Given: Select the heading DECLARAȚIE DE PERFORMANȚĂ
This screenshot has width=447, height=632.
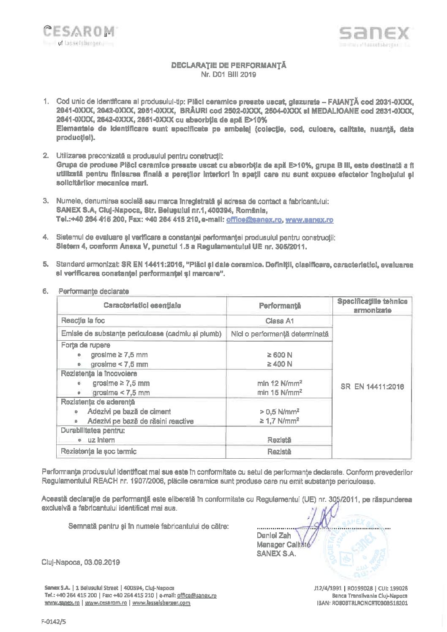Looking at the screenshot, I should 229,66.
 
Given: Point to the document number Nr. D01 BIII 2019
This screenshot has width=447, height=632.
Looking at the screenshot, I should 229,75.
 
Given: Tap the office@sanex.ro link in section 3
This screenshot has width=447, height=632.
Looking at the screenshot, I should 254,220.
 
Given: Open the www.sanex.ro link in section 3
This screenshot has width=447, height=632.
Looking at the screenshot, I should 310,220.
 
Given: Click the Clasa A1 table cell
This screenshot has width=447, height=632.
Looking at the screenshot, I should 280,321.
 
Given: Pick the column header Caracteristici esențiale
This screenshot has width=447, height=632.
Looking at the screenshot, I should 142,305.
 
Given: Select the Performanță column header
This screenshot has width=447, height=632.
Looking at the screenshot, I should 280,305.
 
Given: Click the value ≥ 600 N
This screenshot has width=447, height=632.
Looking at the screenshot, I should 280,355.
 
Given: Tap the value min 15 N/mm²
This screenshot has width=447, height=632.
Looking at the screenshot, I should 280,393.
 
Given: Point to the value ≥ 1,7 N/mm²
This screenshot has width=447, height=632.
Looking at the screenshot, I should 280,421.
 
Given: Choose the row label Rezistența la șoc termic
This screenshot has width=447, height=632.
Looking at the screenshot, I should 99,451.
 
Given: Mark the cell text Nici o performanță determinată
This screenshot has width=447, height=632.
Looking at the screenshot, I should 280,334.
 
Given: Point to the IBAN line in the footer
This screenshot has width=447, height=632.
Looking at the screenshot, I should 362,603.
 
